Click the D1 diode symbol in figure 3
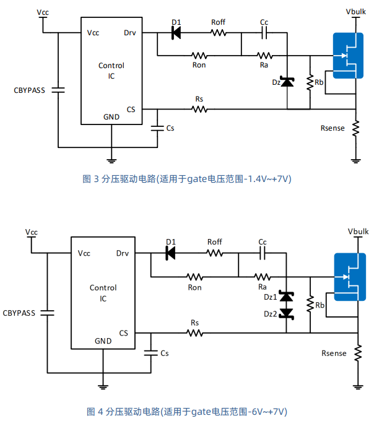pyautogui.click(x=176, y=33)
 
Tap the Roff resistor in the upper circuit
pyautogui.click(x=219, y=33)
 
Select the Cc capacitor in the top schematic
pyautogui.click(x=264, y=33)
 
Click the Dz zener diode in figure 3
pyautogui.click(x=287, y=82)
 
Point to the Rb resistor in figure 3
pyautogui.click(x=310, y=82)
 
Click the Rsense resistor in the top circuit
pyautogui.click(x=356, y=128)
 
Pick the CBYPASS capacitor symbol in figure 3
pyautogui.click(x=58, y=90)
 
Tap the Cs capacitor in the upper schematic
pyautogui.click(x=157, y=128)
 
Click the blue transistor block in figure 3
pyautogui.click(x=348, y=56)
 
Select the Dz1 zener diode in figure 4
pyautogui.click(x=286, y=296)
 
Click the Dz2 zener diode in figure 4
pyautogui.click(x=286, y=313)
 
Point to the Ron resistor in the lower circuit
pyautogui.click(x=194, y=277)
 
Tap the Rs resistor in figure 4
pyautogui.click(x=194, y=333)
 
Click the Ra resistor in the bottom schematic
pyautogui.click(x=263, y=277)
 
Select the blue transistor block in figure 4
pyautogui.click(x=350, y=277)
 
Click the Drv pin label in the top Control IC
pyautogui.click(x=130, y=33)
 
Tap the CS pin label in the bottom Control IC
pyautogui.click(x=123, y=333)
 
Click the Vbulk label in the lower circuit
pyautogui.click(x=358, y=232)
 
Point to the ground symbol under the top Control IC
pyautogui.click(x=111, y=161)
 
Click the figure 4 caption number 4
pyautogui.click(x=100, y=412)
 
